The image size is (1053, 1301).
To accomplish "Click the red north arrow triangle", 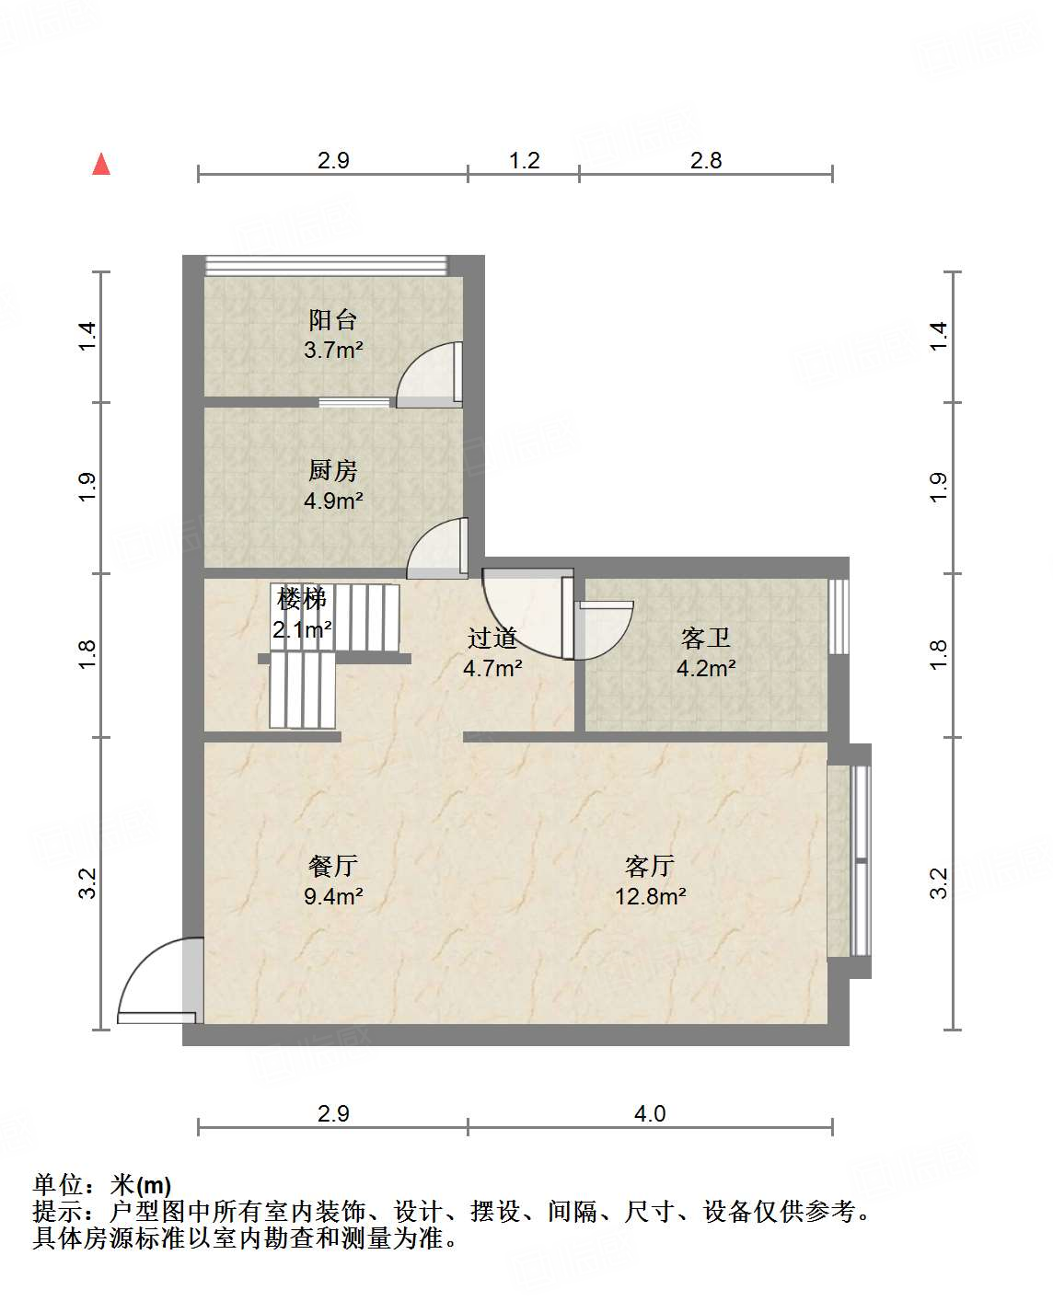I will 101,165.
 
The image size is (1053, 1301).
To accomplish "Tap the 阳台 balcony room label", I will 332,320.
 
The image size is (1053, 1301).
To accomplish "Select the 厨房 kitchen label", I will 332,471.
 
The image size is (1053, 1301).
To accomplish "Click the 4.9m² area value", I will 333,501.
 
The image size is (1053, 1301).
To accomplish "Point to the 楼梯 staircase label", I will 302,599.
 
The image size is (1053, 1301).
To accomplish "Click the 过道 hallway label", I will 492,638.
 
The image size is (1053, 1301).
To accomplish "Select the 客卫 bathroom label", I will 706,638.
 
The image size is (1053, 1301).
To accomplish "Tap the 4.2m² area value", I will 706,669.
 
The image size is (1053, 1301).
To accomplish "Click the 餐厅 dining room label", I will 332,866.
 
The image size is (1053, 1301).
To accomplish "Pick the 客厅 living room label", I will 650,866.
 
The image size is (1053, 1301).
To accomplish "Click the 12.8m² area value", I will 651,896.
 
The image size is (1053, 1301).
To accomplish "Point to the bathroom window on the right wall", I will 838,616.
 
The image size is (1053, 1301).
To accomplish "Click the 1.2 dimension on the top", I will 524,161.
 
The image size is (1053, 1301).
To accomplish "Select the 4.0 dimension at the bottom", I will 650,1114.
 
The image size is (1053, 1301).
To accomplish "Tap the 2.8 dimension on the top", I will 706,161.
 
